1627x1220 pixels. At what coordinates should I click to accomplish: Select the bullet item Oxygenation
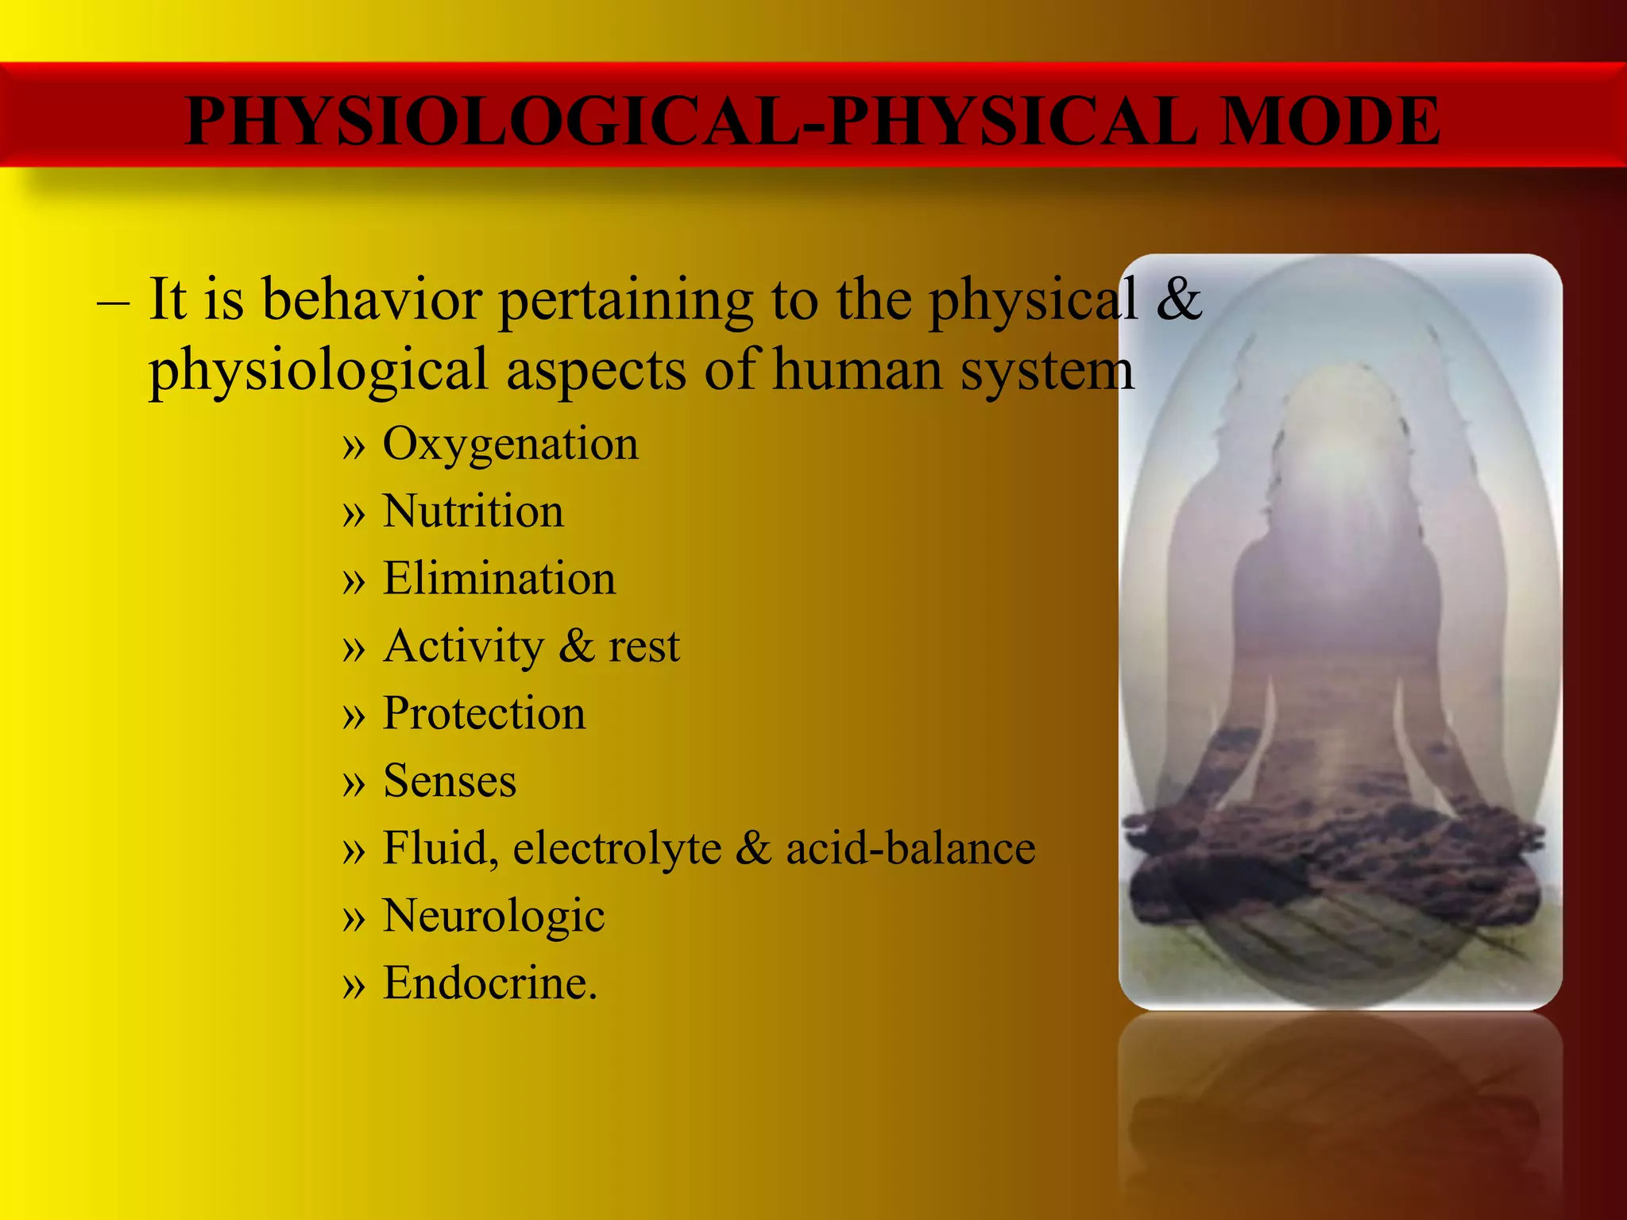click(510, 444)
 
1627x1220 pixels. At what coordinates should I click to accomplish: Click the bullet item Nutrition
click(473, 512)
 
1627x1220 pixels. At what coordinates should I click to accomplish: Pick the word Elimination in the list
click(499, 578)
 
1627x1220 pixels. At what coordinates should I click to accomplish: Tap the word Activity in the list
click(463, 647)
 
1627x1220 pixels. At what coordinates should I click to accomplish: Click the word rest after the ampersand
click(643, 647)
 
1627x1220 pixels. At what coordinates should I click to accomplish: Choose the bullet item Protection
click(484, 713)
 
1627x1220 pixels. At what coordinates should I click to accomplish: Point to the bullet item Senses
click(450, 782)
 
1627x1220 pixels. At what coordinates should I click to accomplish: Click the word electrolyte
click(616, 848)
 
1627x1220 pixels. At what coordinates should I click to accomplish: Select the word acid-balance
click(910, 848)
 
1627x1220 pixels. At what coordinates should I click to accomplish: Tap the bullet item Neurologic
click(493, 917)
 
